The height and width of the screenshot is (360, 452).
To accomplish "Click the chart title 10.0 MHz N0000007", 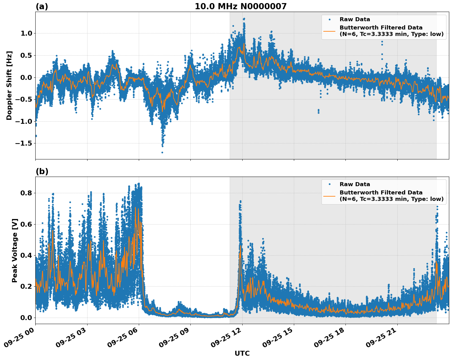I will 240,6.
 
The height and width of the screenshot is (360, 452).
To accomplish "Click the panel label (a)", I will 42,6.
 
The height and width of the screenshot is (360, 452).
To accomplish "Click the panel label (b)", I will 42,171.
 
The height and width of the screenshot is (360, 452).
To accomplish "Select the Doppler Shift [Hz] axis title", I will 9,85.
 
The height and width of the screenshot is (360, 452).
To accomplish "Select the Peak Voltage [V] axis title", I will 14,250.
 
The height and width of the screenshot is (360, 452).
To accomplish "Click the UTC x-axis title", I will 242,353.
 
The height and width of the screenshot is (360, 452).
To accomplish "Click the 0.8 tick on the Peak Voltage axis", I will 26,193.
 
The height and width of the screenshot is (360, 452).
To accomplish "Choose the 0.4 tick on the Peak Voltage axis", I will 26,256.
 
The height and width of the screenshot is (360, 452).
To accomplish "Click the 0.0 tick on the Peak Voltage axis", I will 26,318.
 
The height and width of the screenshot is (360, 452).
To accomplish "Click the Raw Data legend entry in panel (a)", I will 355,20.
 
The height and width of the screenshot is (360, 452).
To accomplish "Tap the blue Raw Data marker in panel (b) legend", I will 329,184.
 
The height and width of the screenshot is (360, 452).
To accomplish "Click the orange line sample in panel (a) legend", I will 329,31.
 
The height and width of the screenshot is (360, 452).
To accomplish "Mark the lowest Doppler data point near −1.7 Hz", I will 162,152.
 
